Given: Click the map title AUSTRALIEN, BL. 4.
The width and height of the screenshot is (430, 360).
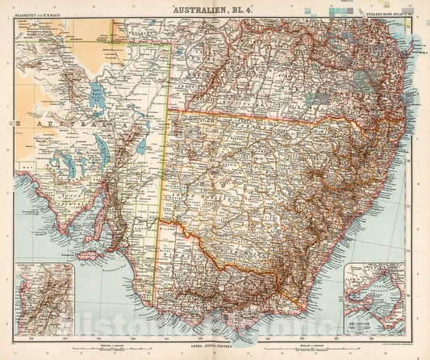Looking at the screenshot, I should point(215,11).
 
